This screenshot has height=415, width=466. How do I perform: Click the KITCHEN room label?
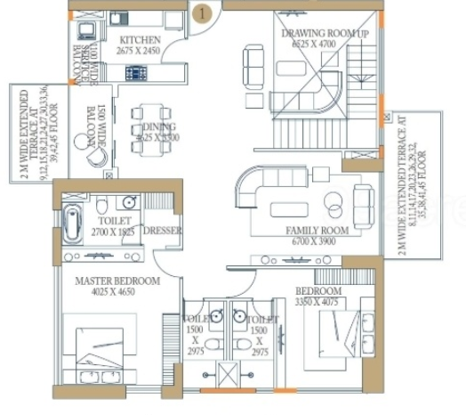140,40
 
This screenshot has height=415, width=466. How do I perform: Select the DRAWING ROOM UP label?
312,34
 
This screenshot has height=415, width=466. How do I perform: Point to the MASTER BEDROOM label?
117,281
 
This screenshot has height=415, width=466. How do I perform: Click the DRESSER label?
163,231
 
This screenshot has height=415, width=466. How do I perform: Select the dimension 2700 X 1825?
112,232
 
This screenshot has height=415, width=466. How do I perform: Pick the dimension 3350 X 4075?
318,302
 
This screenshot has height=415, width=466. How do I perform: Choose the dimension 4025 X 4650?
117,292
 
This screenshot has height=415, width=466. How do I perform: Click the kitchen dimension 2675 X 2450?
140,51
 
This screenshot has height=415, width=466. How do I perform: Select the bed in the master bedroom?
103,348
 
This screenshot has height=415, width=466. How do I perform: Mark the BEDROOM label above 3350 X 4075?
318,291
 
